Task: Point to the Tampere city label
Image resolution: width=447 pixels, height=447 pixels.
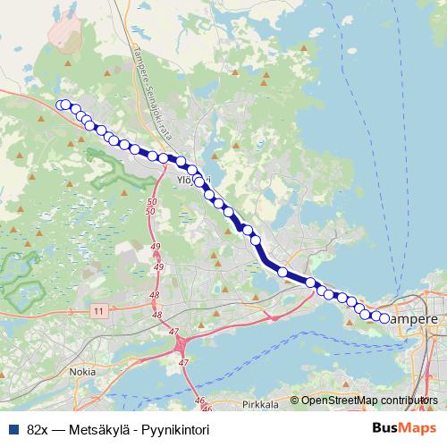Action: coord(415,317)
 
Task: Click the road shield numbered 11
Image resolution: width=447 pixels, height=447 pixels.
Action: coord(97,310)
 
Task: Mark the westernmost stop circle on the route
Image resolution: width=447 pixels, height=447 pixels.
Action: coord(61,105)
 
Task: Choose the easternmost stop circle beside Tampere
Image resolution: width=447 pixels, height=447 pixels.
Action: coord(385,318)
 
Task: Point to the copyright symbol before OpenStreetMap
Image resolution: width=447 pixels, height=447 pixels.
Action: coord(294,400)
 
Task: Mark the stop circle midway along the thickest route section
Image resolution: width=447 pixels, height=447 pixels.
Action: coord(283,271)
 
